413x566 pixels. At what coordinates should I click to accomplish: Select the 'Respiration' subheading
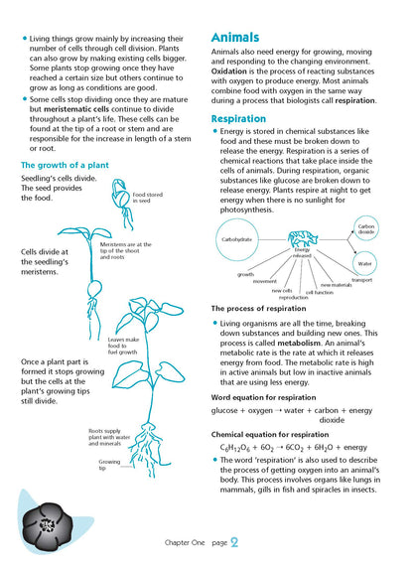tap(245, 118)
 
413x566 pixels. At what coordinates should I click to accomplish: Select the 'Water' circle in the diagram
tap(364, 264)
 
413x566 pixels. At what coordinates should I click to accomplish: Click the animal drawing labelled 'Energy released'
tap(301, 240)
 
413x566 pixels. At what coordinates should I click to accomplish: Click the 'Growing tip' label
tap(109, 463)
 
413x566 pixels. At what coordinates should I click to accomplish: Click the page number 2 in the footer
tap(233, 542)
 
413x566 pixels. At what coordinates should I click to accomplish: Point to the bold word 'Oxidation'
tap(237, 70)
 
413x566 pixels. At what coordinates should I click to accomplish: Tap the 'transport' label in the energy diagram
tap(361, 280)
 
